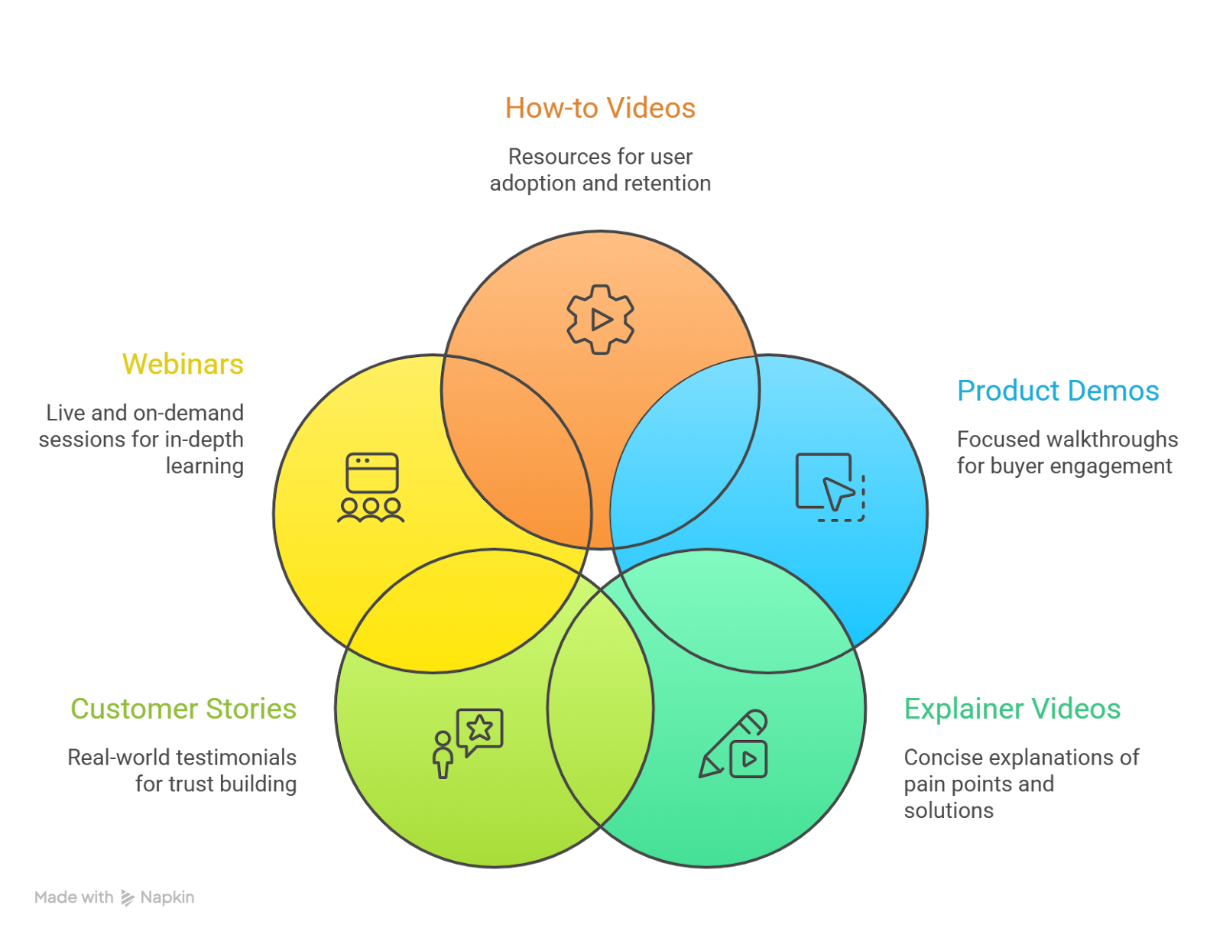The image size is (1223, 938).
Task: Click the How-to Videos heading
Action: [600, 109]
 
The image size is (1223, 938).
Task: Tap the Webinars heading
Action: [183, 365]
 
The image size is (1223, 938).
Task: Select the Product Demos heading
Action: [1058, 391]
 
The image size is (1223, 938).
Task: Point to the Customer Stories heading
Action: [183, 709]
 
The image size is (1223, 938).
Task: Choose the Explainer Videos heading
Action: [1012, 709]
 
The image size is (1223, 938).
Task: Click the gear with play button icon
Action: [601, 320]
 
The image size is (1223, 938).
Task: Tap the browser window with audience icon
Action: [371, 488]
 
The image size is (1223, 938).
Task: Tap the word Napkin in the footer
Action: [167, 897]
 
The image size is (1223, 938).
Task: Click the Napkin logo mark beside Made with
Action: [128, 898]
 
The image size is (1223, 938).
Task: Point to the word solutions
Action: [949, 810]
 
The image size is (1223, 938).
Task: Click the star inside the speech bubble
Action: [480, 727]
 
